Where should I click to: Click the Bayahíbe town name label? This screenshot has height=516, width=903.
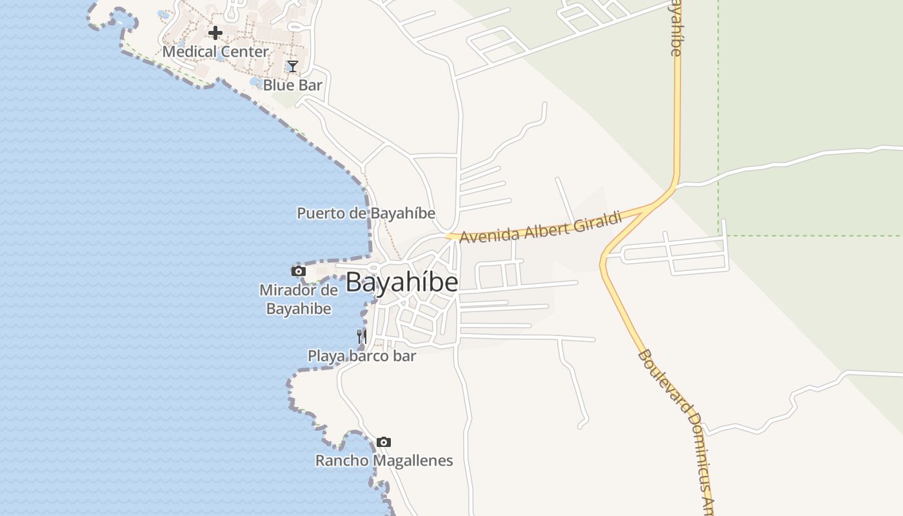402,283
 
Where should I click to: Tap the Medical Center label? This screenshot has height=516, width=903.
215,52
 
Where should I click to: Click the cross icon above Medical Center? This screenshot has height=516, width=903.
215,32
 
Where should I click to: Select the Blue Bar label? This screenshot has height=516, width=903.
292,84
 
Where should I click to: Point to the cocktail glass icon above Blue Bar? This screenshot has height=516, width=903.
292,66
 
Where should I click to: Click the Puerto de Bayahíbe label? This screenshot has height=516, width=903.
366,213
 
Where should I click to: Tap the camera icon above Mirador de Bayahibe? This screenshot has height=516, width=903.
298,271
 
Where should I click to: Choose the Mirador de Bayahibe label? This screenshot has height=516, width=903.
299,299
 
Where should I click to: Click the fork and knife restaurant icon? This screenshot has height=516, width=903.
362,336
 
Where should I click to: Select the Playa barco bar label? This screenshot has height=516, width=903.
362,355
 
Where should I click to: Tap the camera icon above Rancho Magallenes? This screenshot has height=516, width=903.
384,442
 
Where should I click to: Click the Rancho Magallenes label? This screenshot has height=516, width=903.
384,461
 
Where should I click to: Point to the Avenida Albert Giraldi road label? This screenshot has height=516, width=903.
541,227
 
